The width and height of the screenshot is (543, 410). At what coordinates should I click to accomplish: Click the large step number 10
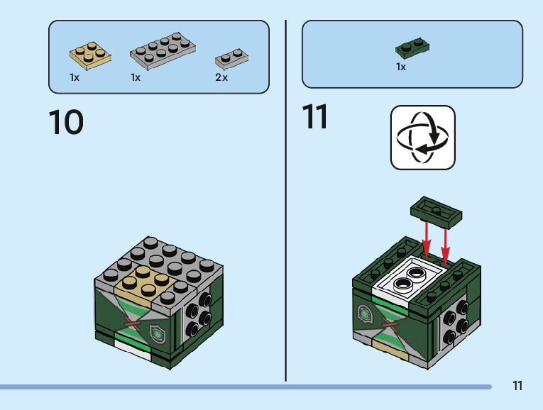[66, 122]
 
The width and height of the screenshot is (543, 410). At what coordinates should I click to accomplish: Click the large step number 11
[314, 116]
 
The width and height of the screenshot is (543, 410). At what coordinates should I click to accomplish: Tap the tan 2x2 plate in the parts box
[90, 55]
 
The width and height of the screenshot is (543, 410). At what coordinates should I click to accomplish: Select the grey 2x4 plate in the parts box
[163, 50]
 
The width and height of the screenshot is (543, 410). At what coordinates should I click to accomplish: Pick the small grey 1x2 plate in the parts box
[231, 58]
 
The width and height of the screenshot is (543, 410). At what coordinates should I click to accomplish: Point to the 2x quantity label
[221, 77]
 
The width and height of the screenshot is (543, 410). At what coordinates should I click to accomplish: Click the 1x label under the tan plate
[75, 77]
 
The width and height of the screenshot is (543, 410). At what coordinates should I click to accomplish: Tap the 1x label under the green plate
[401, 67]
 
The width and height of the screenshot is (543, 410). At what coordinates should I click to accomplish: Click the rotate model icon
[423, 138]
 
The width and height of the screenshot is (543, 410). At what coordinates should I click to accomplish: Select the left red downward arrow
[427, 240]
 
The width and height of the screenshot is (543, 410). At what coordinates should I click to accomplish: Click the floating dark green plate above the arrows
[437, 212]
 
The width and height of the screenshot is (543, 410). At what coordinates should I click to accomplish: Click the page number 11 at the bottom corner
[517, 385]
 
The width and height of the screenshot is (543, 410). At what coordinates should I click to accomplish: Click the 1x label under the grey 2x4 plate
[136, 77]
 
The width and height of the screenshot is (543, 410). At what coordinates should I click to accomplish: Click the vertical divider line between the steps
[286, 201]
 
